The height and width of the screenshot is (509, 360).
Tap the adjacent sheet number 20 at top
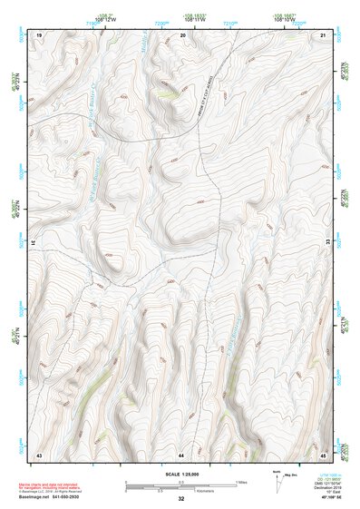point(183,34)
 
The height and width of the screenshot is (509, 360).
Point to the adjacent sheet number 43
point(39,454)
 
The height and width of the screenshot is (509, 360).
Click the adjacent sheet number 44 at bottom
point(181,454)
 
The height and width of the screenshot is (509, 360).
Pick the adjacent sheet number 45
point(323,454)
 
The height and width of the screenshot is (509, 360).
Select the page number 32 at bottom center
point(181,499)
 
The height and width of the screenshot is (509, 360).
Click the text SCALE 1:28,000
point(181,475)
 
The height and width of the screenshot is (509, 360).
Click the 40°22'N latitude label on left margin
point(14,204)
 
